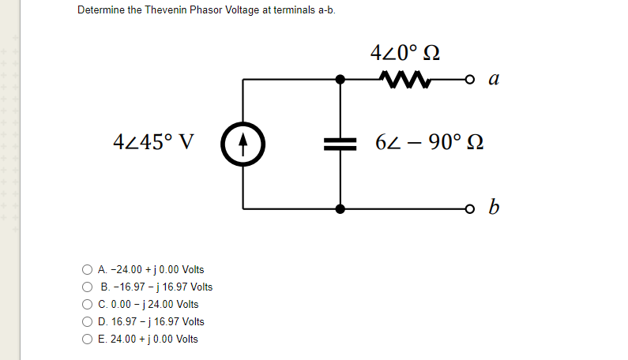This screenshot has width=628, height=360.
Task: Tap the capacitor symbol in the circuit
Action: coord(340,144)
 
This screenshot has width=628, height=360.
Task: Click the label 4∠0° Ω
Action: coord(404,54)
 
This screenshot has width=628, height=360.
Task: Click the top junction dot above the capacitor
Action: coord(340,79)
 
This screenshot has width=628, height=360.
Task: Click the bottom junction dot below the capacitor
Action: coord(340,209)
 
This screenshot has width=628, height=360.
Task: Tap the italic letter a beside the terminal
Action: coord(493,79)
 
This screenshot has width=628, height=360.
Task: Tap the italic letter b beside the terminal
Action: coord(493,208)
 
